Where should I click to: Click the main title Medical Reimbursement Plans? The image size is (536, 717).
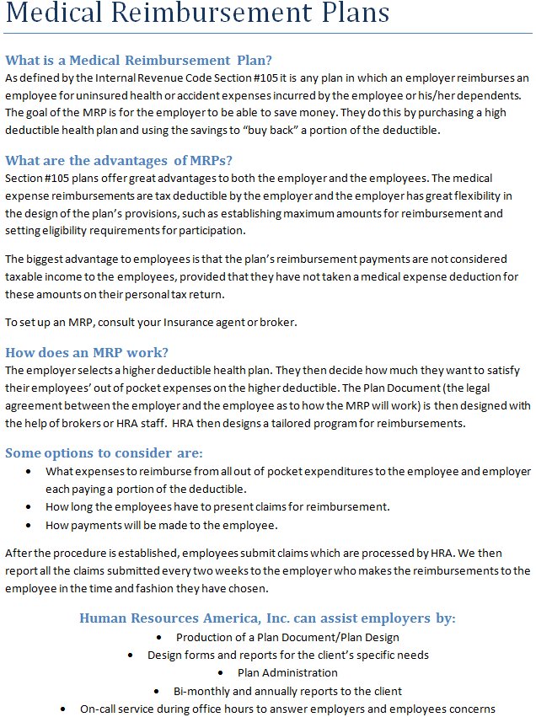(x=197, y=14)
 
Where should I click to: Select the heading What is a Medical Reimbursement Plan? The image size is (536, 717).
(x=138, y=60)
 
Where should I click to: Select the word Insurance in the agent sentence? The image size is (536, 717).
(x=195, y=322)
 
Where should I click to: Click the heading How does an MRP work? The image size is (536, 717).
(x=87, y=352)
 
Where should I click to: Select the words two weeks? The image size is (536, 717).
(x=251, y=570)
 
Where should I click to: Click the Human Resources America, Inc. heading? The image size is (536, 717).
(x=267, y=618)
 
